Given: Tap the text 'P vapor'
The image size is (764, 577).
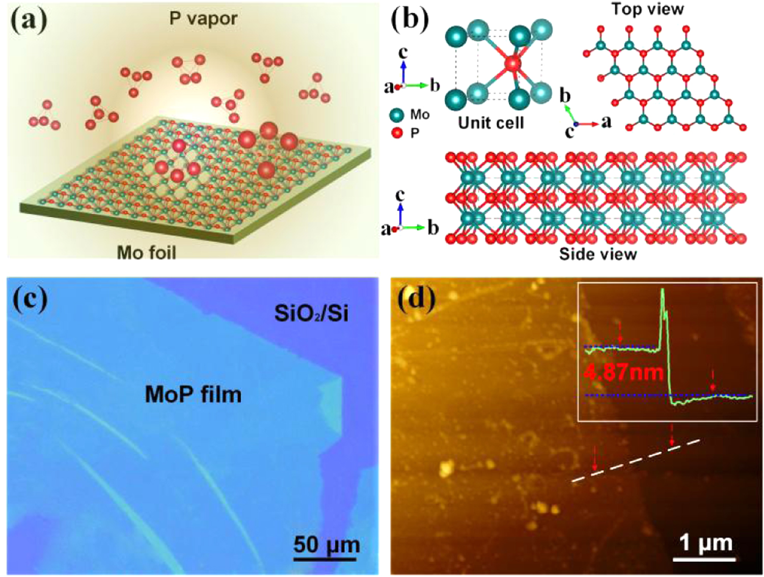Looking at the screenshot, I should point(203,19).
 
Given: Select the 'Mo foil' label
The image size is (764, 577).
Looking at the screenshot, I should point(146,252).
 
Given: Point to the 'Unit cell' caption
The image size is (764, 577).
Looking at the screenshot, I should point(490,123).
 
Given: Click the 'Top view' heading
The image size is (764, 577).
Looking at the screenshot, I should point(647,9).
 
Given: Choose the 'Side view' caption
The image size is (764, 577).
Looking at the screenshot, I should point(597,254).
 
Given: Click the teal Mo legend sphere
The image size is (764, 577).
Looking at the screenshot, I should point(396,115).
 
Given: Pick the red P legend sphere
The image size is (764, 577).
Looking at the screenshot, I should point(396,133).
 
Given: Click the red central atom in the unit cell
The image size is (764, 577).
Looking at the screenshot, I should point(512,64).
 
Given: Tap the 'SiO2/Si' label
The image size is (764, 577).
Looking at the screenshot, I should point(311,313).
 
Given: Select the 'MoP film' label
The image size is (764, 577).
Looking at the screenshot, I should point(193,395).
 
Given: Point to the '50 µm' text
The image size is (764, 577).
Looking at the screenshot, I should point(326,544).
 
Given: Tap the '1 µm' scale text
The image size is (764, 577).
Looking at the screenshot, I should point(706,543).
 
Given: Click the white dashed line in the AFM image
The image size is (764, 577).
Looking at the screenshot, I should point(636,460).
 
